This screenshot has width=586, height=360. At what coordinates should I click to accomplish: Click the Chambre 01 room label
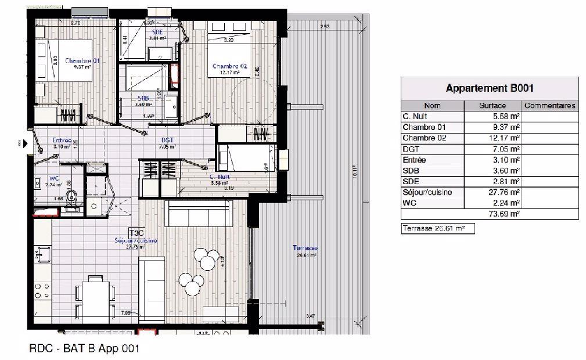click(x=82, y=61)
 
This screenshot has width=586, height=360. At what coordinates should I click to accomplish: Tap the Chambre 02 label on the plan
click(x=229, y=66)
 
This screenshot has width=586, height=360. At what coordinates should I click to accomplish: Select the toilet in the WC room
click(x=71, y=199)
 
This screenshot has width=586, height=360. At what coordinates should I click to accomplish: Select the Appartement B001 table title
click(x=489, y=89)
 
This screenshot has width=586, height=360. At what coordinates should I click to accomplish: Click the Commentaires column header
click(x=549, y=106)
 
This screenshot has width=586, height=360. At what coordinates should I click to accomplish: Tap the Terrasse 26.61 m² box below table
click(x=437, y=229)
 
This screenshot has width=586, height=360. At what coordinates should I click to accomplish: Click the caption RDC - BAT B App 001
click(x=84, y=349)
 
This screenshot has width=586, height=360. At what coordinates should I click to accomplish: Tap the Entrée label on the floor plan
click(x=62, y=141)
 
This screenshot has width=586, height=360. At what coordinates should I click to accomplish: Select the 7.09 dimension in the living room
click(x=125, y=313)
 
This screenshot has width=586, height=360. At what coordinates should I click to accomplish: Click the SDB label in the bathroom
click(x=143, y=98)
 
